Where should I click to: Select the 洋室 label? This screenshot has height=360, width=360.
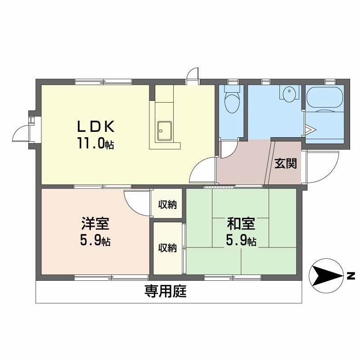pos(95,224)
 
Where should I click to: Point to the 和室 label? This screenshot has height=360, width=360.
pos(241,224)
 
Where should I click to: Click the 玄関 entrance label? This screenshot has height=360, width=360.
pos(285,163)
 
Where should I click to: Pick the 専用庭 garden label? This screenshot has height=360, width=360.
pos(165,292)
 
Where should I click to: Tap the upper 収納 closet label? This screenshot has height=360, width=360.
pos(167,205)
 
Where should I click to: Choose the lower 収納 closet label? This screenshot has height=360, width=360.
pos(167,248)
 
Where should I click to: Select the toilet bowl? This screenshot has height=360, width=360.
pos(232,103)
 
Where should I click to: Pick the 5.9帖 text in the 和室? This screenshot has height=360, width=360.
pos(241,241)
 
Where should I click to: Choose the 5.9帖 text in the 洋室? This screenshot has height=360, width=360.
pos(95,241)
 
